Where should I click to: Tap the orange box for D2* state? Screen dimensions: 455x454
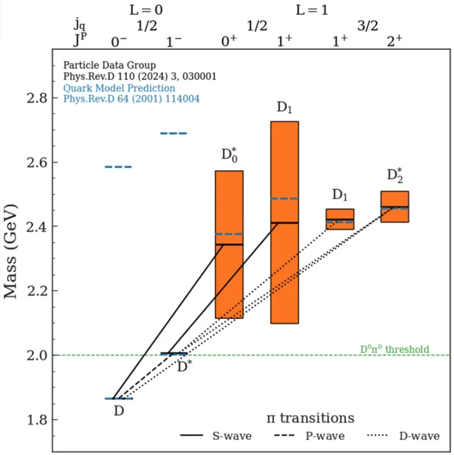click(394, 206)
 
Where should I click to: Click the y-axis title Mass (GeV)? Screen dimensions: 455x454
click(12, 251)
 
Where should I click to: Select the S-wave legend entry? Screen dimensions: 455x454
click(216, 436)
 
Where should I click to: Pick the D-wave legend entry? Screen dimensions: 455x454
click(404, 436)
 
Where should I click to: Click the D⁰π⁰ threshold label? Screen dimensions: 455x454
click(394, 350)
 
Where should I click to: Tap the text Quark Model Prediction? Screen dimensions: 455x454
click(119, 88)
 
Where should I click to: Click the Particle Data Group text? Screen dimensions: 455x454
click(109, 65)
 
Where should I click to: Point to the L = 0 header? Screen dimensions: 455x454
click(146, 9)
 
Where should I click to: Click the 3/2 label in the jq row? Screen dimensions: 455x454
click(367, 26)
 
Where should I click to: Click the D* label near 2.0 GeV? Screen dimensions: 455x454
click(185, 367)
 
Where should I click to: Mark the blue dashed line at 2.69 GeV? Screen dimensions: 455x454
click(174, 133)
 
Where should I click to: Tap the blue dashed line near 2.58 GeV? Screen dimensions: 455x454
click(119, 167)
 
